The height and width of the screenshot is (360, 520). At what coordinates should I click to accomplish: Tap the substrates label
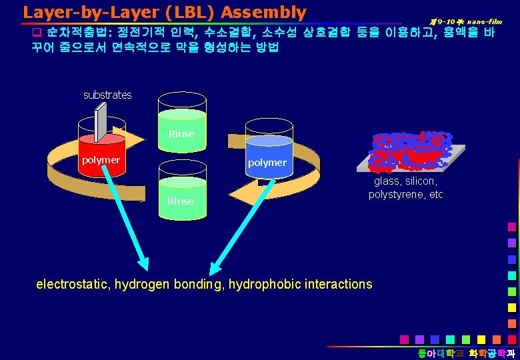[x=107, y=95]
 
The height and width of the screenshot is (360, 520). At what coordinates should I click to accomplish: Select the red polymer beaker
[x=101, y=155]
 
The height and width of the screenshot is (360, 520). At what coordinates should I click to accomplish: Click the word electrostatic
[x=73, y=284]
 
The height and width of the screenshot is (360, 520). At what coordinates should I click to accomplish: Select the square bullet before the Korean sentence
[x=37, y=33]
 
